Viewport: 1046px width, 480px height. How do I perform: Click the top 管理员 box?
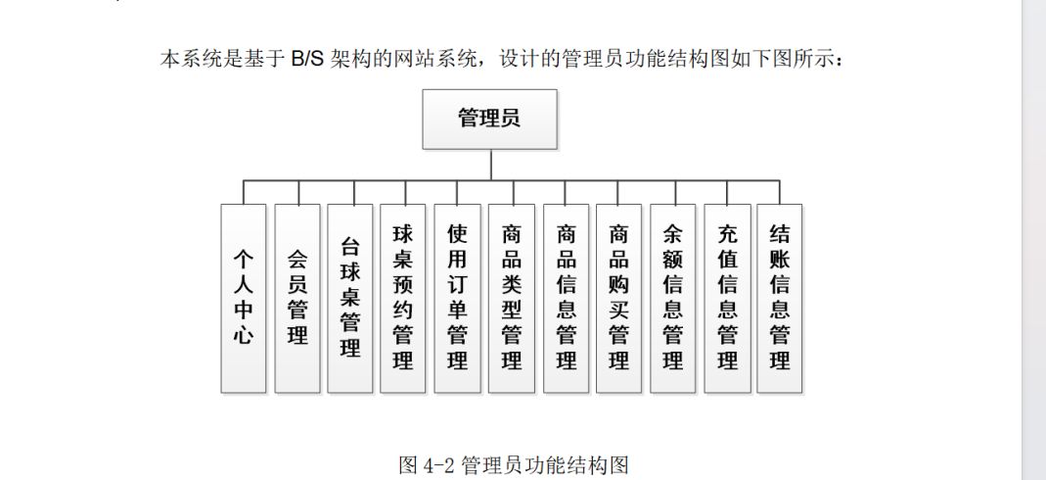click(x=489, y=119)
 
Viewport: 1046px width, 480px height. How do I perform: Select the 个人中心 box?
click(x=244, y=299)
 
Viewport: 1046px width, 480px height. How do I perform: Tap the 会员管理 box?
click(x=297, y=299)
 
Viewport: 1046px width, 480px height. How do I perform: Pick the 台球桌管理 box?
click(x=350, y=299)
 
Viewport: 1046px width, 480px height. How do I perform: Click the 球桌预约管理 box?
click(x=403, y=299)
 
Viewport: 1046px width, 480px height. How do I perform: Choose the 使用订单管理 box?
click(x=457, y=299)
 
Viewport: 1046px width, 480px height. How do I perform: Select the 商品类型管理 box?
click(x=512, y=299)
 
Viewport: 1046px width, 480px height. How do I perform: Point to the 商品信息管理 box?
click(x=566, y=299)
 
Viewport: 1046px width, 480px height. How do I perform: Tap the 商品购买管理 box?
click(x=619, y=299)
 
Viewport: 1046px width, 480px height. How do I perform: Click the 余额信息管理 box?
click(x=673, y=299)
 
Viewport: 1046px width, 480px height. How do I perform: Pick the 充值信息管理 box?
click(x=727, y=299)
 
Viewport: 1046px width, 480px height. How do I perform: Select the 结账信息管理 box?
click(x=780, y=299)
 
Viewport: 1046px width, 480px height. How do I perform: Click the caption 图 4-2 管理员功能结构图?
click(x=514, y=464)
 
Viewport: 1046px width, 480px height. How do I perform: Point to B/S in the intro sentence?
click(x=307, y=59)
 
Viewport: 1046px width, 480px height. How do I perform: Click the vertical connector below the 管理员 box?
click(x=491, y=165)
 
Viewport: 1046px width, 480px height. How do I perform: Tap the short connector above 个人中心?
click(x=244, y=192)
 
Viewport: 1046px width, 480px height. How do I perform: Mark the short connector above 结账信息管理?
click(x=780, y=192)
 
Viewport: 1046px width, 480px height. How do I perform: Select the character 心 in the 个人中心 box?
click(x=244, y=334)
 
